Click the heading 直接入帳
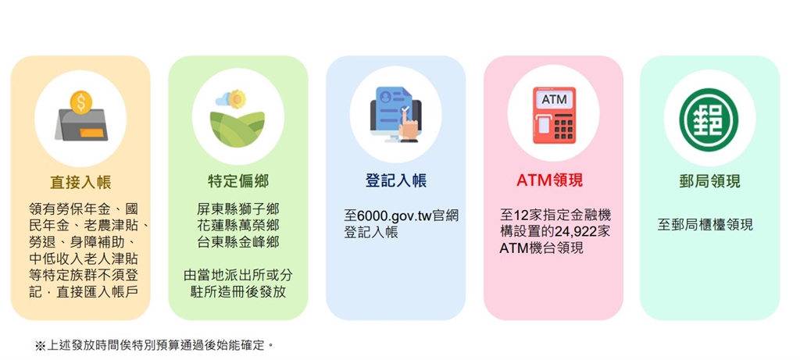point(80,182)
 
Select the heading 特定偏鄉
point(238,181)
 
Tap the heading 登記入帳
point(395,181)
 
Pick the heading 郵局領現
point(710,181)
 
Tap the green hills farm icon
point(237,121)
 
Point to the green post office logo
point(709,117)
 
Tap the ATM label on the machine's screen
point(554,100)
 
